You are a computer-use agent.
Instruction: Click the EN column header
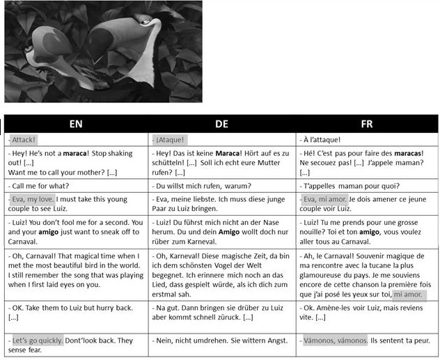pos(76,124)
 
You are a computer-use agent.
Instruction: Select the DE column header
pos(221,124)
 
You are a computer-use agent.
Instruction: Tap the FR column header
pos(367,124)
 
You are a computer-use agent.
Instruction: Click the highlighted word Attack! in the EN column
pos(24,140)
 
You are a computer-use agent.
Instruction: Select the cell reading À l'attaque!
pos(322,140)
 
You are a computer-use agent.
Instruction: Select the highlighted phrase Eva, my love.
pos(33,199)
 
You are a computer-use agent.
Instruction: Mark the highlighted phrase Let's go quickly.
pos(38,341)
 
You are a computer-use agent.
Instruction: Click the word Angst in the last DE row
pos(266,341)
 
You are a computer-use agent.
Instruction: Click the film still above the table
pos(103,52)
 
